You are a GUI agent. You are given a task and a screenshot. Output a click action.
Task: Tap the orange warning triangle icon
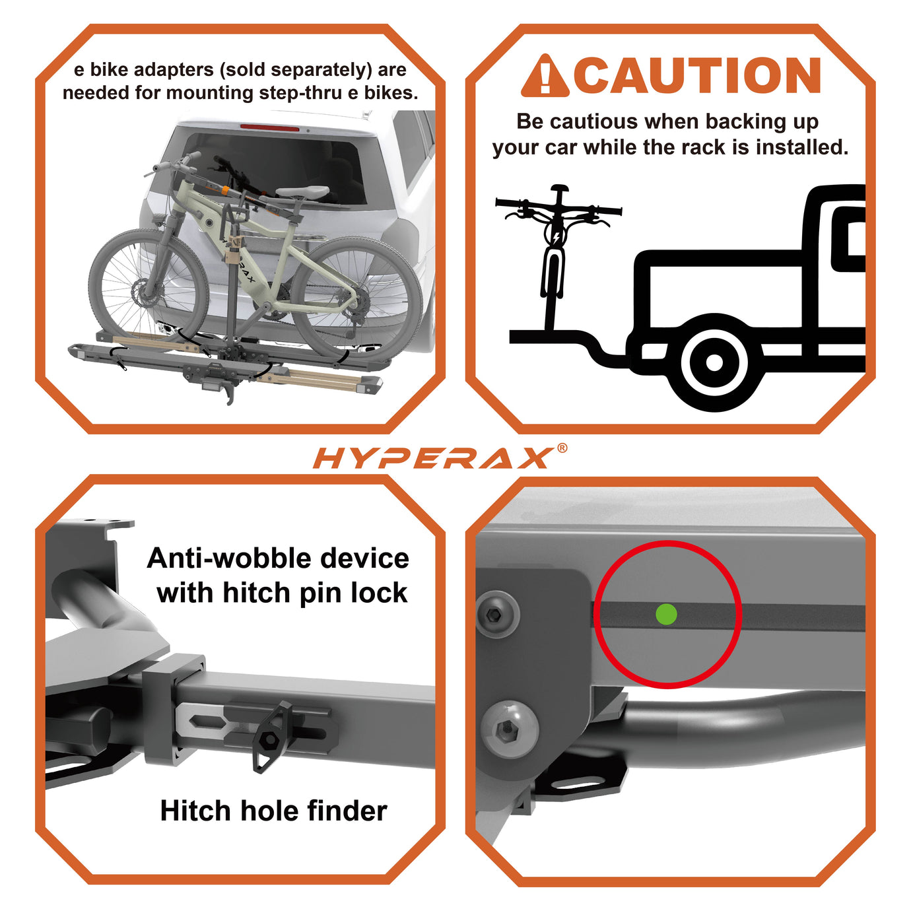[x=544, y=77]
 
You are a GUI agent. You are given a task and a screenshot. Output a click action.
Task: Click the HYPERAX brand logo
[x=432, y=457]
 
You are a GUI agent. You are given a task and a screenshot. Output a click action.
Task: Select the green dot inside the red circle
[x=667, y=614]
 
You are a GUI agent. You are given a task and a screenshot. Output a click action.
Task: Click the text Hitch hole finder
[x=273, y=811]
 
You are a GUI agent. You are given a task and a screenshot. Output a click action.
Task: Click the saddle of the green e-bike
[x=302, y=192]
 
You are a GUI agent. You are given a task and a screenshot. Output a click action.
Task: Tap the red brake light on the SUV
[x=269, y=127]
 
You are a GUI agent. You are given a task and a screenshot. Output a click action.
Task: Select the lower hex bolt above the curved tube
[x=508, y=729]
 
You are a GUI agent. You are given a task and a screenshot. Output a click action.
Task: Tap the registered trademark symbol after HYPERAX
[x=562, y=448]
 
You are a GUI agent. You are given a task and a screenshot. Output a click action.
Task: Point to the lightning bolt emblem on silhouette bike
[x=556, y=236]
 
